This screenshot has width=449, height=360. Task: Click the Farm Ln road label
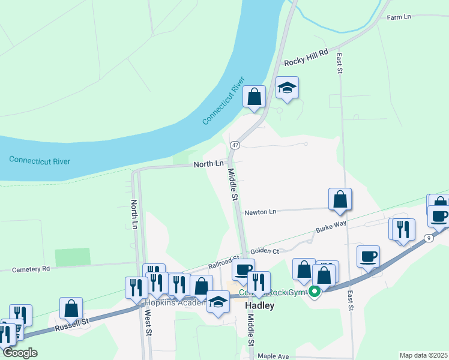tap(399, 17)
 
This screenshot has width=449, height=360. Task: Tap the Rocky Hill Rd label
tap(307, 58)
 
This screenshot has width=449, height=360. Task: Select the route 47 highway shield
tap(235, 145)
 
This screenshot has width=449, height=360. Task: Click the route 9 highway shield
tap(429, 238)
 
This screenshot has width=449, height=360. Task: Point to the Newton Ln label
tap(260, 212)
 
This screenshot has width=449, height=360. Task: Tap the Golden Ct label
tap(265, 251)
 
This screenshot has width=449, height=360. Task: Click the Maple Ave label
tap(273, 356)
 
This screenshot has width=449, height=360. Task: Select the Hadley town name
tap(260, 305)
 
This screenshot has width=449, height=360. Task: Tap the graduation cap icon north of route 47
tap(287, 88)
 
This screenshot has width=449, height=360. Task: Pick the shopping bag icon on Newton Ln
tap(340, 199)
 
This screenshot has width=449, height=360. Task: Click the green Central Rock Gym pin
tap(313, 292)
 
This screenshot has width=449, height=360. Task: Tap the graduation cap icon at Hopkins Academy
tap(218, 301)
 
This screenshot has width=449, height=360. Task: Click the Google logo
tap(20, 353)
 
